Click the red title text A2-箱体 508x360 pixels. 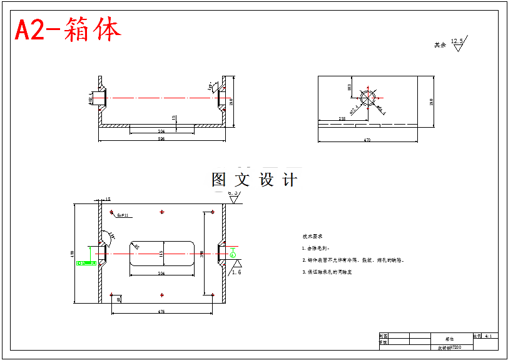click(68, 29)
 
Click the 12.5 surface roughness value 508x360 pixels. click(457, 41)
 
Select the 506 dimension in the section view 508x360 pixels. click(161, 138)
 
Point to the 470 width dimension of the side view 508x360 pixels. click(367, 140)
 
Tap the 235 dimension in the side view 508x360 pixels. click(342, 118)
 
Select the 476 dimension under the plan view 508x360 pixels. click(161, 311)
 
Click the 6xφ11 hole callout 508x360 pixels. click(123, 215)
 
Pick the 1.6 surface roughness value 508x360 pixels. click(236, 272)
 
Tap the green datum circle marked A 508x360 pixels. click(233, 254)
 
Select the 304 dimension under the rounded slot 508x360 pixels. click(161, 274)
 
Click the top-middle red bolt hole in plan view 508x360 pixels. click(162, 212)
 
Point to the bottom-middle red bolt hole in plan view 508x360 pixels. click(162, 294)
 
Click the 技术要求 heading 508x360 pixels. click(312, 237)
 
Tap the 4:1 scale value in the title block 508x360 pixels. click(489, 336)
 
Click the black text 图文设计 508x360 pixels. click(255, 180)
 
